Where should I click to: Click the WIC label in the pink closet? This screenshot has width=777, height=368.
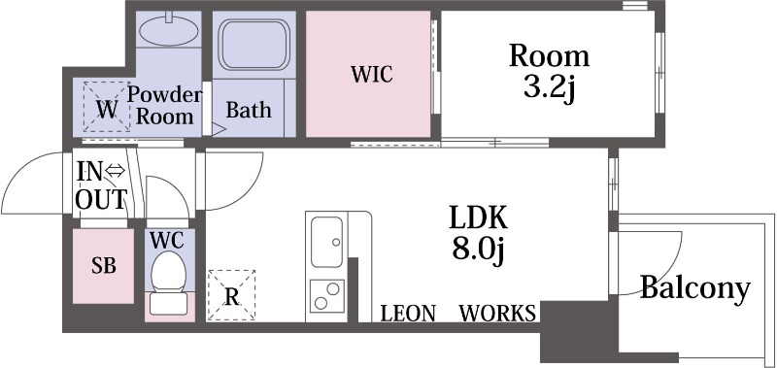click(x=372, y=75)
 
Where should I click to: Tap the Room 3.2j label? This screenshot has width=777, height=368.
click(x=549, y=72)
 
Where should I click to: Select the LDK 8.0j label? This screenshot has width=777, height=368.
click(x=478, y=233)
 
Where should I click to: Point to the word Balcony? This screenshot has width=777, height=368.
click(x=694, y=288)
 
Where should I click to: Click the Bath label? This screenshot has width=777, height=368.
click(x=249, y=110)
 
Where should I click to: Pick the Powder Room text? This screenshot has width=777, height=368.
click(x=165, y=106)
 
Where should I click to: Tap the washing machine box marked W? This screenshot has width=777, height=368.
click(x=107, y=107)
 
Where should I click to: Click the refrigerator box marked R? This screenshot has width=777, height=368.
click(x=231, y=296)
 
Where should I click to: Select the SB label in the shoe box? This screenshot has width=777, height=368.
click(x=104, y=266)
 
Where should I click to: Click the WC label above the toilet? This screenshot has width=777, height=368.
click(x=167, y=240)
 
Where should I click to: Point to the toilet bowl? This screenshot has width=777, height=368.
click(x=168, y=272)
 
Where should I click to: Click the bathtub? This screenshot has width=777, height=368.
click(x=254, y=45)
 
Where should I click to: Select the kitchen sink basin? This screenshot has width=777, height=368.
click(x=326, y=242)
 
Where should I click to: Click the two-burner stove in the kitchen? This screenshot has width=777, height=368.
click(x=327, y=296)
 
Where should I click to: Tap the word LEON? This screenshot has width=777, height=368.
click(x=408, y=314)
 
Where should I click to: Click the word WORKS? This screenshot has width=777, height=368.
click(x=497, y=314)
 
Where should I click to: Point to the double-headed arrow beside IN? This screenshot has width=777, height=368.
click(x=116, y=172)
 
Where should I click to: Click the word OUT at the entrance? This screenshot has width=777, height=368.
click(x=101, y=199)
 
